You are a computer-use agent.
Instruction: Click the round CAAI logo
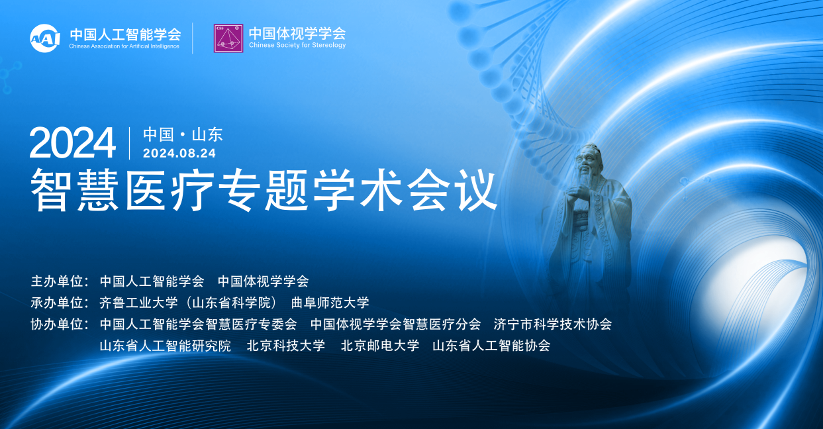pos(45,38)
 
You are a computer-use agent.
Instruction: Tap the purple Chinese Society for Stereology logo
pos(228,38)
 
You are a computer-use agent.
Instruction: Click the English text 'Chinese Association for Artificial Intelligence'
pos(124,46)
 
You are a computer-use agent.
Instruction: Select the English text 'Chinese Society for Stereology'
pos(297,45)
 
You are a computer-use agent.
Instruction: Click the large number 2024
pos(72,143)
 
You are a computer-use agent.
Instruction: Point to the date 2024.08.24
pos(179,153)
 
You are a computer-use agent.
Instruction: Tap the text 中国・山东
pos(183,134)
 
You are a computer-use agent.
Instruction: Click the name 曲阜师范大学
pos(330,303)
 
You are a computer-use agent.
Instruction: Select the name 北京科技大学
pos(286,346)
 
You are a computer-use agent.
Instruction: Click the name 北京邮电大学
pos(380,346)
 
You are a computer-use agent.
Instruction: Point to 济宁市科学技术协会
pos(553,324)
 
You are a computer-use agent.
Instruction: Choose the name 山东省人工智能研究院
pos(166,346)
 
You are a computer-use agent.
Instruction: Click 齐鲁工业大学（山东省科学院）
pos(188,303)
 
